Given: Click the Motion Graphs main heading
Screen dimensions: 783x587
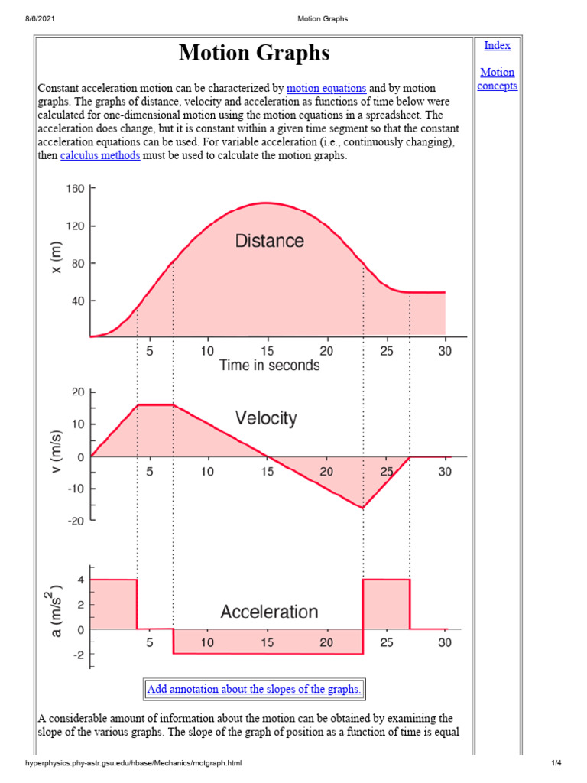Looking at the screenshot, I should tap(255, 53).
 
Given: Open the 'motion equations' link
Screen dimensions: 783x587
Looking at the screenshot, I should tap(326, 89).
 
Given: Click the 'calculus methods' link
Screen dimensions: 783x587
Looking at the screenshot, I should tap(100, 156).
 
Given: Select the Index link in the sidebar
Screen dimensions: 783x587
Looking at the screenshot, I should tap(497, 45).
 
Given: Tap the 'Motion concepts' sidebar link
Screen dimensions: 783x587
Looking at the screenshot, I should tap(497, 79).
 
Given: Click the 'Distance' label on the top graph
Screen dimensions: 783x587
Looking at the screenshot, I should tap(269, 241).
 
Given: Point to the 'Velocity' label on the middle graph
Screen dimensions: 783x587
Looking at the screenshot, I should tap(265, 418).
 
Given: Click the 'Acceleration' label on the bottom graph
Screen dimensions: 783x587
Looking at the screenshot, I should tap(269, 612).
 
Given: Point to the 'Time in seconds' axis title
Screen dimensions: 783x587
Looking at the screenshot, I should tap(269, 366).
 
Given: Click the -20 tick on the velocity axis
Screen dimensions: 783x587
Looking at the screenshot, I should tap(75, 521).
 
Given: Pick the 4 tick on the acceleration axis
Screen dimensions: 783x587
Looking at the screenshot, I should tap(79, 580).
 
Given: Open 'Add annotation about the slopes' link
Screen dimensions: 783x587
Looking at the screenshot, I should tap(254, 689).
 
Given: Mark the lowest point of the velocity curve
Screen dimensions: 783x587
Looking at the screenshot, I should tap(362, 508).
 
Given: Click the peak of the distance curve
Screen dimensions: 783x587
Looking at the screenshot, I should tap(265, 203).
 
